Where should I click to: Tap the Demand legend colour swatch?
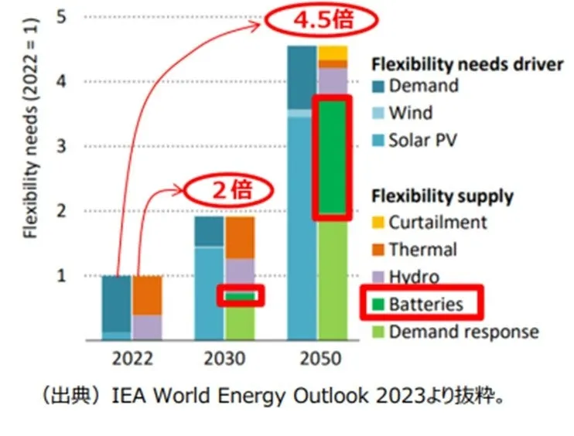[378, 87]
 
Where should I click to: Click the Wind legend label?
[410, 114]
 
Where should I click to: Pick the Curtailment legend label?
[437, 223]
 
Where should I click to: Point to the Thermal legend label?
[422, 250]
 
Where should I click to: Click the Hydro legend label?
[414, 277]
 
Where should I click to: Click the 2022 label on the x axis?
[132, 359]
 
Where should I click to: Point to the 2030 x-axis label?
[224, 359]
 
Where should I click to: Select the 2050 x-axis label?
[317, 359]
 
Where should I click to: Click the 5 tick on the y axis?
[67, 16]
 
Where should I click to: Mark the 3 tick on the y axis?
[67, 146]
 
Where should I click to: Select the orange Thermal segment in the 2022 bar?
[147, 295]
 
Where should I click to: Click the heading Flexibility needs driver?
[467, 64]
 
